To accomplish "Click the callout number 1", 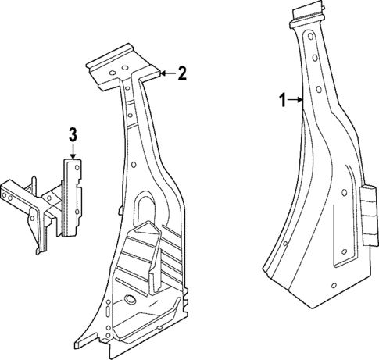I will click(x=282, y=99).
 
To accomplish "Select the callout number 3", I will click(x=72, y=134).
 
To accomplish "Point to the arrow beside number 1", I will click(x=295, y=99).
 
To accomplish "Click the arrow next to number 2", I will click(x=165, y=73).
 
